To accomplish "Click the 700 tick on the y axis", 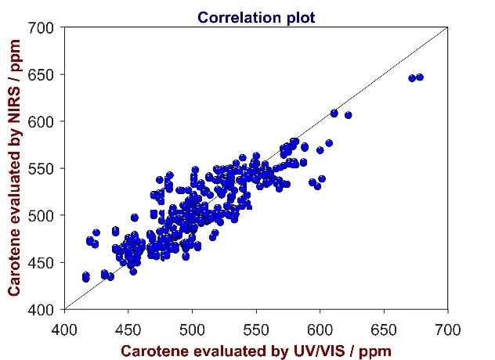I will (x=42, y=28).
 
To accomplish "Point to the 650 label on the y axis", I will (x=42, y=75).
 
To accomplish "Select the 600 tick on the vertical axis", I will (x=42, y=122).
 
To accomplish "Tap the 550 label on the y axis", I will (x=42, y=169).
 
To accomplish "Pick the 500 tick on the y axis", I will (x=42, y=216).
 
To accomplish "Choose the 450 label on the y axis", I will (x=42, y=263).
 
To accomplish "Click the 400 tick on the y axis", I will (x=42, y=310).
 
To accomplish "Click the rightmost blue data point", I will (x=420, y=77).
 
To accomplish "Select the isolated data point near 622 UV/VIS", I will (x=349, y=115).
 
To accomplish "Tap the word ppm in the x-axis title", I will (x=372, y=351).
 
